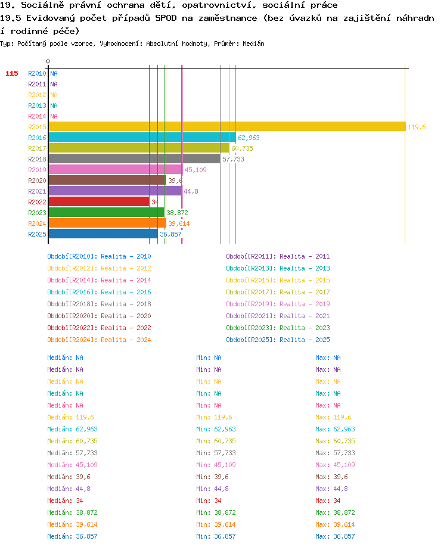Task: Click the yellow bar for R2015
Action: [x=227, y=127]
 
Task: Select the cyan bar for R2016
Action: [x=142, y=138]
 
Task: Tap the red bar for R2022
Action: [x=99, y=201]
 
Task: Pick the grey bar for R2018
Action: [x=135, y=158]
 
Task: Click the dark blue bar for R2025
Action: [x=103, y=234]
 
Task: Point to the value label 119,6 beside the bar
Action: [x=417, y=127]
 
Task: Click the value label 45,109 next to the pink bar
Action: [x=195, y=170]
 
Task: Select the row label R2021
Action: [x=37, y=191]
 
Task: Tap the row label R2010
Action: [x=37, y=73]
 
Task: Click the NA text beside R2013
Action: [x=54, y=105]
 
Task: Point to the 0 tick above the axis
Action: [x=48, y=61]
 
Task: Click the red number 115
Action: [x=12, y=73]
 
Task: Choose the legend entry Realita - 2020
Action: [x=126, y=316]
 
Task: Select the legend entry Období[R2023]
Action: [x=251, y=328]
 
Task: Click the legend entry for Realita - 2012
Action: [x=126, y=268]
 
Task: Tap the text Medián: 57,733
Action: [x=72, y=453]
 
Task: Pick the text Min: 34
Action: [x=209, y=501]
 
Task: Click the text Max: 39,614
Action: [x=335, y=524]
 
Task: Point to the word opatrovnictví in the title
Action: [x=219, y=5]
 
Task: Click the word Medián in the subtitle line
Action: [x=253, y=43]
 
